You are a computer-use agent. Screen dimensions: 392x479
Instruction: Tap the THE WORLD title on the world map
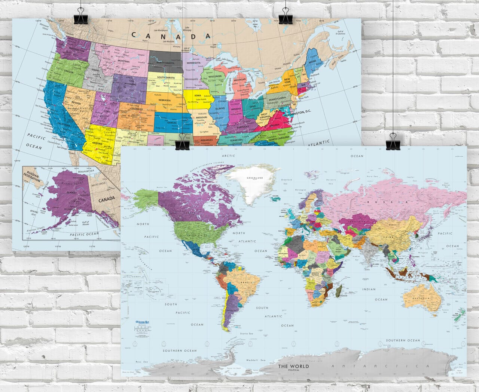tap(293, 366)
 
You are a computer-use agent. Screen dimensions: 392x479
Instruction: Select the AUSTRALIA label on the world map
tap(421, 299)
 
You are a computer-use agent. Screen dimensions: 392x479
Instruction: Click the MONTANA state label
tap(123, 61)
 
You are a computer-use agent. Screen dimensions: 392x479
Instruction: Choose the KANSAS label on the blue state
tap(172, 123)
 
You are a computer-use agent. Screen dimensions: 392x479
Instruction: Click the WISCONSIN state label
tap(215, 76)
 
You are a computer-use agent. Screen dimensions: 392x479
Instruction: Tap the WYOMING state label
tap(130, 84)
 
